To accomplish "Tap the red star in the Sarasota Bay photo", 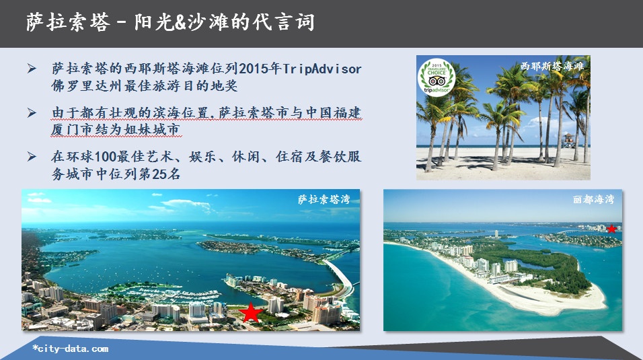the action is (x=250, y=313).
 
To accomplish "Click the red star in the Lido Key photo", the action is (x=611, y=229).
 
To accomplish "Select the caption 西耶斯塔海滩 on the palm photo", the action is (x=552, y=66).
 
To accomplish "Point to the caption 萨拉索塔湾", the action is (x=324, y=199).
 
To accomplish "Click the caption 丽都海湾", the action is (x=593, y=199).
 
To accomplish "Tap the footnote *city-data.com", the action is (x=71, y=349).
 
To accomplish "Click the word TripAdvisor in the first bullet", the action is (x=322, y=69).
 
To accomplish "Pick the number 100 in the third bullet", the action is (x=106, y=156).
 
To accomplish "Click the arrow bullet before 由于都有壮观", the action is (x=32, y=112).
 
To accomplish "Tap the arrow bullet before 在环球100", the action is (x=32, y=156).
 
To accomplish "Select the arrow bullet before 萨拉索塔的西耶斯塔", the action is (x=32, y=69).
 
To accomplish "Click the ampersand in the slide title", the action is (x=180, y=22).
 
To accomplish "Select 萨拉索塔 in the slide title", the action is (x=68, y=22).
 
